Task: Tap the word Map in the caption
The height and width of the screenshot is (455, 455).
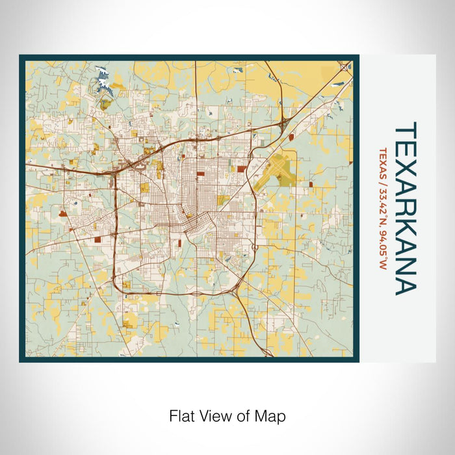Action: coord(272,415)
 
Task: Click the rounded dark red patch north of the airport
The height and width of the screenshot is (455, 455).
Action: coord(291,137)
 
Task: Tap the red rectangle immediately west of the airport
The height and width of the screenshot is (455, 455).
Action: coord(242,168)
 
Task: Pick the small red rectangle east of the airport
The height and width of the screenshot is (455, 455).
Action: coord(311,185)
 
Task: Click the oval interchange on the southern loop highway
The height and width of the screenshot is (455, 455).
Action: coord(196,294)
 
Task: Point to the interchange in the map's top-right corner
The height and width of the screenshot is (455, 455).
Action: coord(344,66)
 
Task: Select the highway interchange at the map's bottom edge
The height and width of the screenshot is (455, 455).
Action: coord(268,354)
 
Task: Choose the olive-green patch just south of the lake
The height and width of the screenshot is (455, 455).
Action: coord(105,103)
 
